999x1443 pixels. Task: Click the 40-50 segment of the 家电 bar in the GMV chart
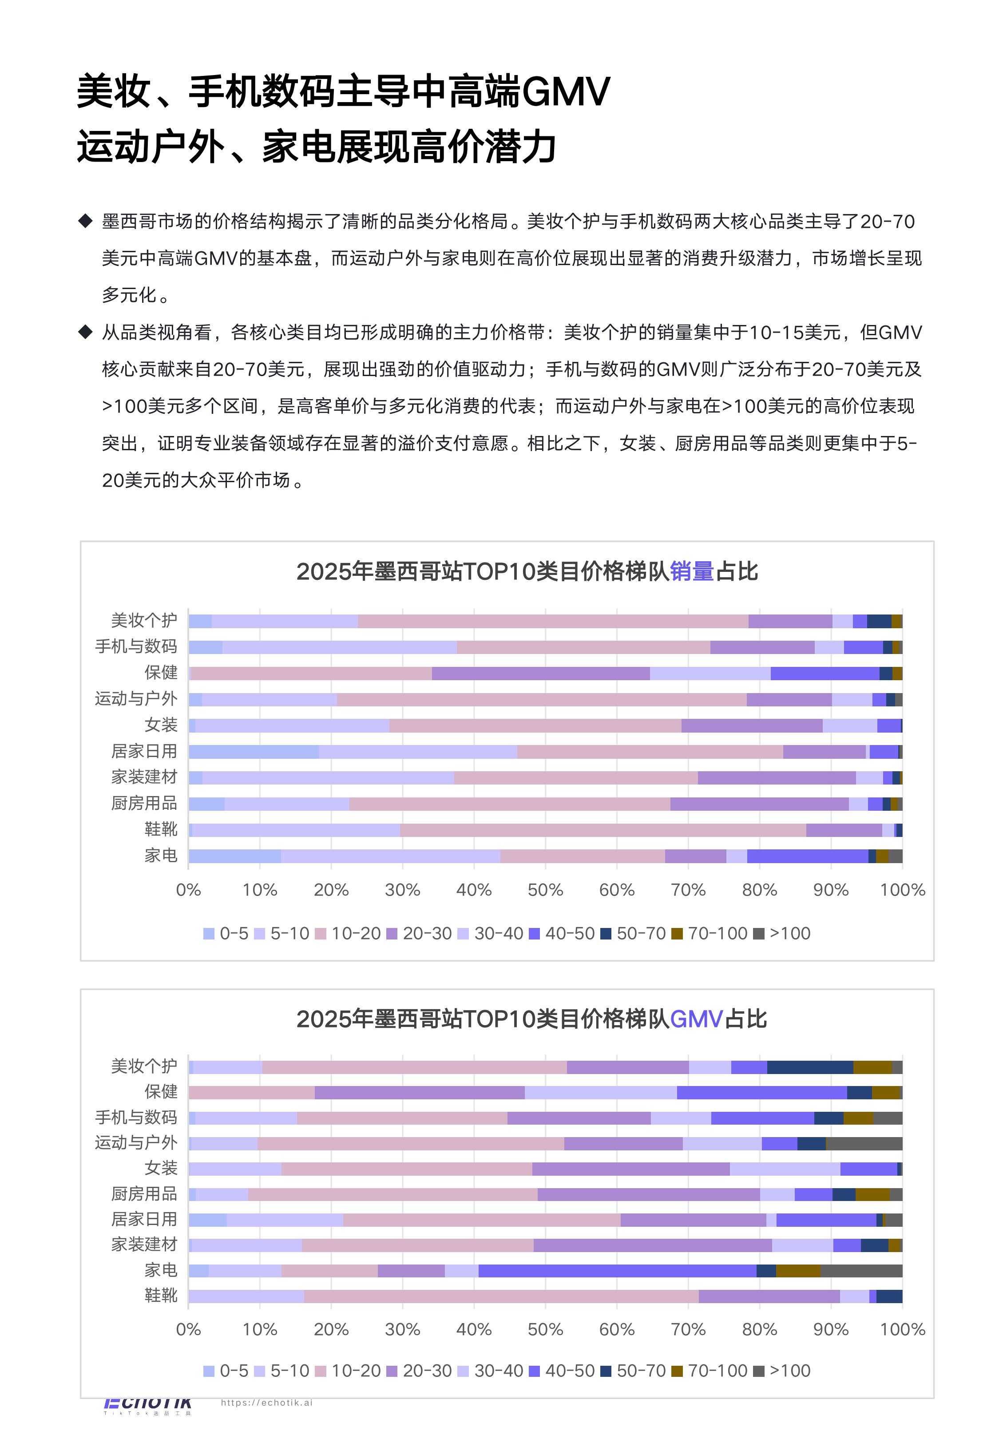(x=617, y=1270)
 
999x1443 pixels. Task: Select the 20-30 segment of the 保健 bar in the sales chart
(x=540, y=673)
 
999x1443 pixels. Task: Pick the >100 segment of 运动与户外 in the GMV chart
(x=864, y=1143)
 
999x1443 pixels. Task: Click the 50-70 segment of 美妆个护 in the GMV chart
(x=809, y=1067)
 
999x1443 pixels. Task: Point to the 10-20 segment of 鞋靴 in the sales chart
(x=603, y=830)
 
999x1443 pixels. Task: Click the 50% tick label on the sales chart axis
(x=545, y=890)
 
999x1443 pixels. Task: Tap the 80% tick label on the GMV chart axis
(x=759, y=1329)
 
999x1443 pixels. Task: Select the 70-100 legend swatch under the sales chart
(x=677, y=934)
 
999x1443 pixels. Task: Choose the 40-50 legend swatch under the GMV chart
(x=534, y=1371)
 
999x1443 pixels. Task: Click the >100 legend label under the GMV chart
(x=789, y=1371)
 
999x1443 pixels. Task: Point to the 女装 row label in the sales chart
(x=161, y=725)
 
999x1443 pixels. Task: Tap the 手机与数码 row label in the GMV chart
(x=136, y=1117)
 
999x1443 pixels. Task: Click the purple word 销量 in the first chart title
(x=692, y=571)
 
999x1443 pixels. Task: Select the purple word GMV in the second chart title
(x=696, y=1019)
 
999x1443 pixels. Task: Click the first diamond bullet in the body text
(x=85, y=221)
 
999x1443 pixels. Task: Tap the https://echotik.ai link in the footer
(x=267, y=1402)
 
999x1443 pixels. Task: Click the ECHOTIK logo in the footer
(x=148, y=1405)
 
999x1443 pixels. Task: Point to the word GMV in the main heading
(x=565, y=91)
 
